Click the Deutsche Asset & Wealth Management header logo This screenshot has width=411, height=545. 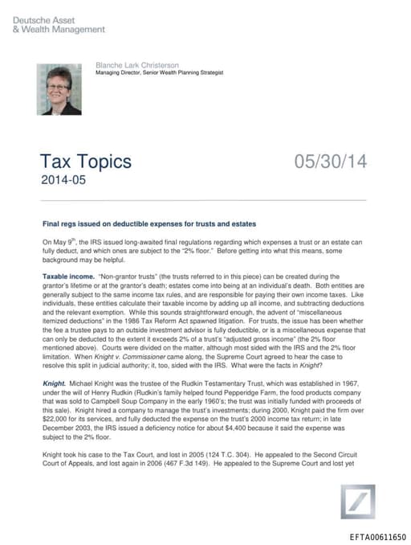(x=58, y=24)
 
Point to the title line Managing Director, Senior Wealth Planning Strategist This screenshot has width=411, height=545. (x=159, y=72)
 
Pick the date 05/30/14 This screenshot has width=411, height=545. (x=330, y=162)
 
